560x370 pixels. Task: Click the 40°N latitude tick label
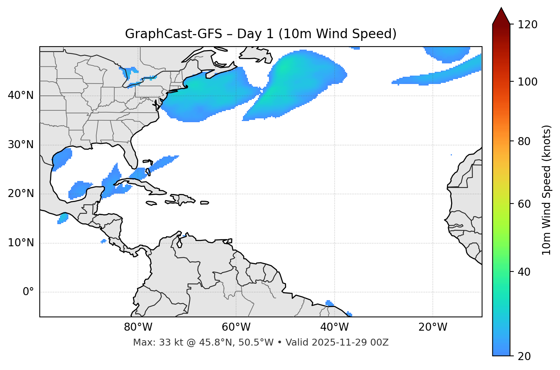[21, 95]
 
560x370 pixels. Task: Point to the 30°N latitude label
[21, 145]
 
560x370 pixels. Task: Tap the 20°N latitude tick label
[21, 194]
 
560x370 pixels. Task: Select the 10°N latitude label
[21, 243]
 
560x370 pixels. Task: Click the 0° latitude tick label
[28, 292]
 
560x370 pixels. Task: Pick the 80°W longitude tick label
[138, 327]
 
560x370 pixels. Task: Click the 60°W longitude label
[236, 327]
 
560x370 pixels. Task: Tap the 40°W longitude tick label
[334, 327]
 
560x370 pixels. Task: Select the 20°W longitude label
[432, 327]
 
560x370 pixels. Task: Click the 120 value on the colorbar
[528, 24]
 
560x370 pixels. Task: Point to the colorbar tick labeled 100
[528, 82]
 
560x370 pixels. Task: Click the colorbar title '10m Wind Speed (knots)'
[547, 190]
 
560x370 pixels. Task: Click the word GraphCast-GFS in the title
[173, 34]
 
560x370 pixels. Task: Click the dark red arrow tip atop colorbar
[501, 15]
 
